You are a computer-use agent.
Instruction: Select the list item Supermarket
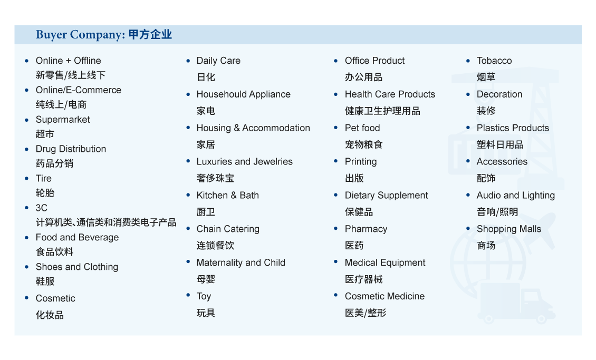[63, 120]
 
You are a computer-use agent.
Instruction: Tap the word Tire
[44, 179]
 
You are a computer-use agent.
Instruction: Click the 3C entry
[42, 208]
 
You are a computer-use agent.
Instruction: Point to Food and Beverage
[77, 237]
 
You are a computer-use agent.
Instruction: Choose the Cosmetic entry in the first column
[55, 298]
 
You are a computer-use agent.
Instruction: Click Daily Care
[218, 61]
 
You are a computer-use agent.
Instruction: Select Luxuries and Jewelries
[244, 162]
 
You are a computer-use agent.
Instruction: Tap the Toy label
[204, 297]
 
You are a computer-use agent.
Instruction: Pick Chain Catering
[228, 229]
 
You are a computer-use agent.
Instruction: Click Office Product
[375, 61]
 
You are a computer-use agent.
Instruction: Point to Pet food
[362, 128]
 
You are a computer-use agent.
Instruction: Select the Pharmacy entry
[366, 229]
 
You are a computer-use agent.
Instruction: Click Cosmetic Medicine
[384, 296]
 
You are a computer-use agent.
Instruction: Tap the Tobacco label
[494, 61]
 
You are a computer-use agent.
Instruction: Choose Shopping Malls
[509, 229]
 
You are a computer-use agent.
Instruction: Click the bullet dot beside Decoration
[468, 94]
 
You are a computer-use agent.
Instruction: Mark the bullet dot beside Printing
[335, 161]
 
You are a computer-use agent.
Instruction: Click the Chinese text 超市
[45, 134]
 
